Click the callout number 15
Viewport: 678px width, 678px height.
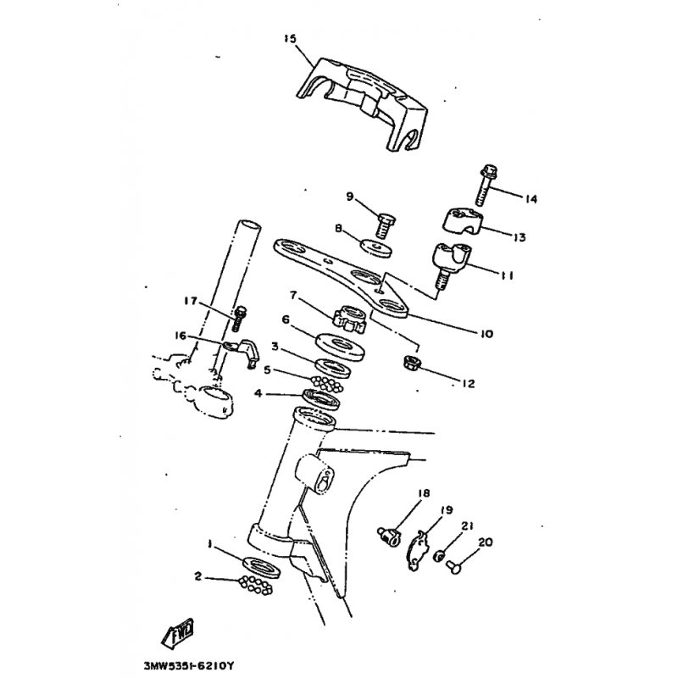pos(291,38)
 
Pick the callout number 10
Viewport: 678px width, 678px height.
pos(486,334)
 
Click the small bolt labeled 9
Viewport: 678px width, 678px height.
pos(382,223)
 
